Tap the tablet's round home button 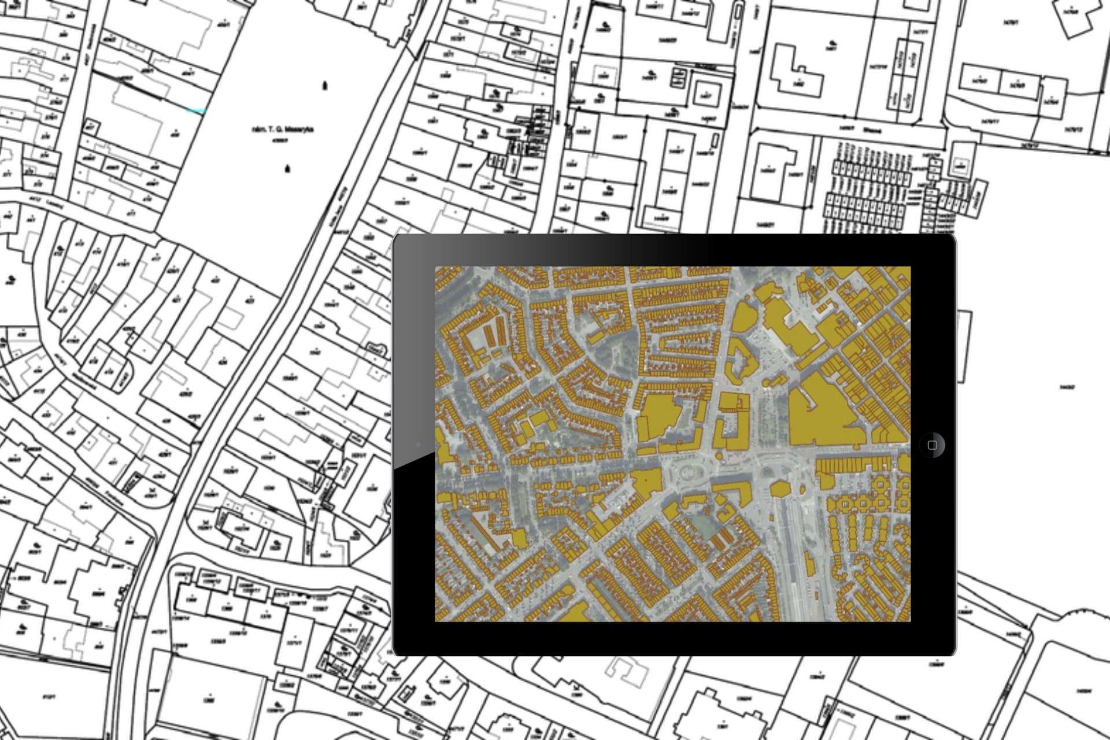point(931,445)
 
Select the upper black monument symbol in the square point(325,86)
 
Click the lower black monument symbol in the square point(287,169)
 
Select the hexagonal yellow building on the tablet point(781,489)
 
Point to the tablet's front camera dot point(418,445)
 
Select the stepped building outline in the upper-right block point(798,72)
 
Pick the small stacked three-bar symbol point(333,465)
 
